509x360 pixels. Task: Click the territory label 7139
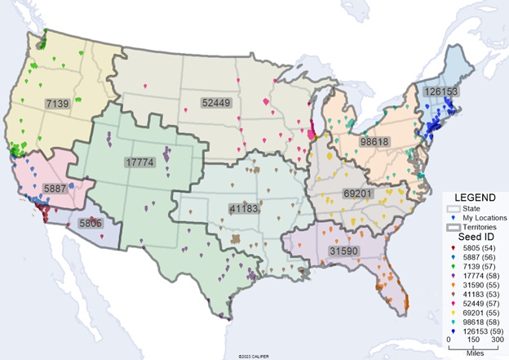[59, 104]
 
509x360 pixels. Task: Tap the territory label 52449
[215, 103]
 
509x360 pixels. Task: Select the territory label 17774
[139, 162]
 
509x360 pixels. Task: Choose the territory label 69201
[385, 194]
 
